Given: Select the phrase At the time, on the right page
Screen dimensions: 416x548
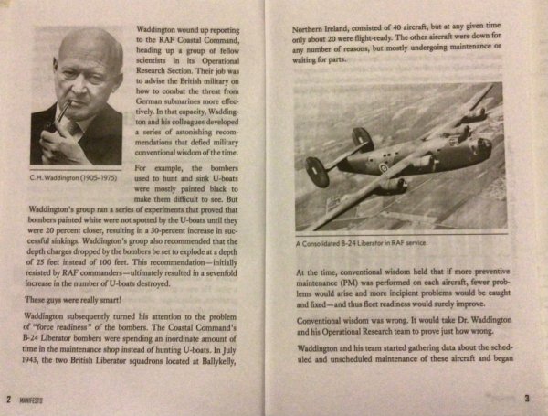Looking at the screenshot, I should (x=319, y=271).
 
